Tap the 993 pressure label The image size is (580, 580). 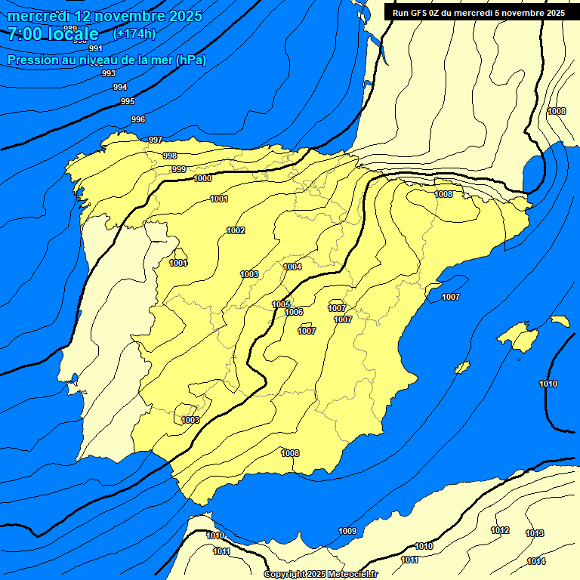tap(109, 73)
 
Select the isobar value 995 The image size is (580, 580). tap(128, 101)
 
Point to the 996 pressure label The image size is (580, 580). tap(138, 119)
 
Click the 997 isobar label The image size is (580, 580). tap(156, 140)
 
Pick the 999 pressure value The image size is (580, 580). tap(179, 169)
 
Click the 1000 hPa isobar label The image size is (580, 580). tap(202, 179)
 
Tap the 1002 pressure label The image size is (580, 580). tap(236, 230)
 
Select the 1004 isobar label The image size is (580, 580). tap(293, 267)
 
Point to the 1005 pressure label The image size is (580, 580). tap(281, 304)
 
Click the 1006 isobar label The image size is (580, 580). tap(295, 312)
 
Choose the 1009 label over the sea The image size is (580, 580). tap(347, 531)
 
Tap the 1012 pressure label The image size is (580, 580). tap(500, 530)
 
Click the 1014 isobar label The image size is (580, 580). tap(536, 561)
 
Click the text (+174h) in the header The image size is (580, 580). tap(134, 34)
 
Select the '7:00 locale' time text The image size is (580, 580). tap(53, 34)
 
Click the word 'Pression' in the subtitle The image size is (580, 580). tap(31, 60)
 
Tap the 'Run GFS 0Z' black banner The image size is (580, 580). tap(479, 13)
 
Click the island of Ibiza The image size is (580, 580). tap(462, 368)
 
